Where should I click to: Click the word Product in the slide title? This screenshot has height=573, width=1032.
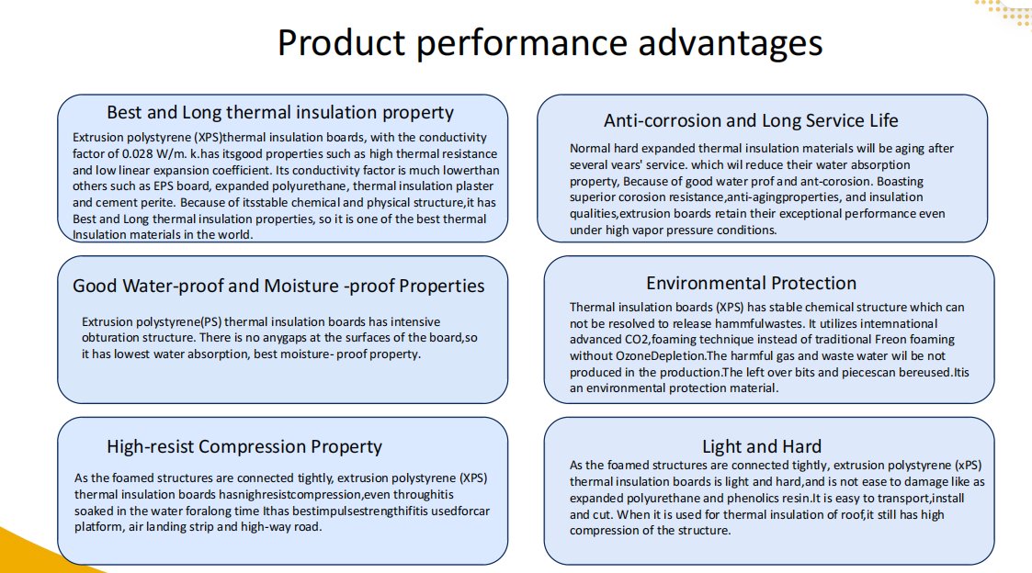[341, 43]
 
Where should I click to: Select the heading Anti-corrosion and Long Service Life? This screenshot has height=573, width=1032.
[751, 120]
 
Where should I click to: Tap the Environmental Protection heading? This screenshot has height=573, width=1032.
[751, 283]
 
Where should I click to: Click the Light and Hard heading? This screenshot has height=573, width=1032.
[762, 446]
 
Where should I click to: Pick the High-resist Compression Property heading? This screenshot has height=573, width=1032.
[244, 446]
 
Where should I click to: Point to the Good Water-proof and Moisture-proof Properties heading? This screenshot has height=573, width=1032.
[278, 286]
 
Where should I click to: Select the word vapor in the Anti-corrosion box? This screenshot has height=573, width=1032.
[645, 230]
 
